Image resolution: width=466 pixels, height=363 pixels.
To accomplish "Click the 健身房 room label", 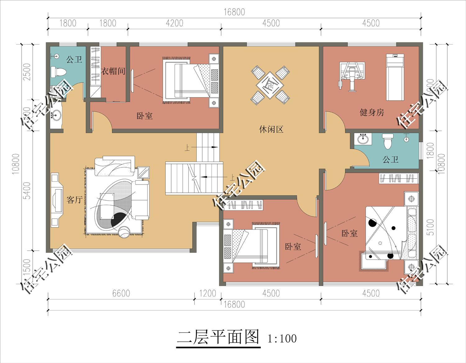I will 372,112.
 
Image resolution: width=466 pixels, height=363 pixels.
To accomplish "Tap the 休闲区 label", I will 271,129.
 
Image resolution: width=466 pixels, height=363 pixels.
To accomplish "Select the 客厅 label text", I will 75,200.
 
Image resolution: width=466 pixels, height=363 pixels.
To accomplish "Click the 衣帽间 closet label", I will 113,71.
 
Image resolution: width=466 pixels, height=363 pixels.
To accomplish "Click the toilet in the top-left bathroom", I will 58,72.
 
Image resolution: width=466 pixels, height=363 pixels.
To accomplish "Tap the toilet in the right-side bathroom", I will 387,141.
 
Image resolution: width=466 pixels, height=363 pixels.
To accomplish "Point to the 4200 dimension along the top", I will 174,23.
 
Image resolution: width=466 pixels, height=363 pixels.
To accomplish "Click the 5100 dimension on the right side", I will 430,227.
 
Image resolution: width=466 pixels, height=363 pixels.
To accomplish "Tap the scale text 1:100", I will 282,338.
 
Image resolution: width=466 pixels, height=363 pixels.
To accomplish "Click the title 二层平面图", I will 218,337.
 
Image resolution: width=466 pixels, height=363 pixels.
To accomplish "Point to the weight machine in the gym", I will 352,76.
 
